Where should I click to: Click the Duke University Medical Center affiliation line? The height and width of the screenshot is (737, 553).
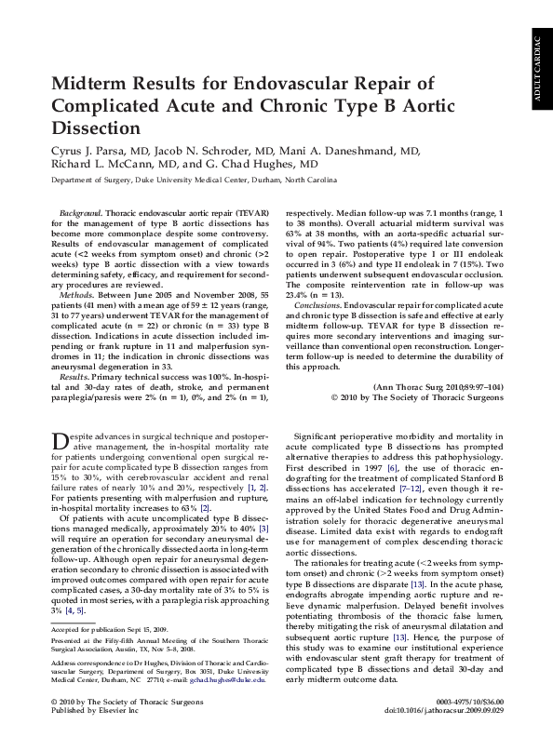[x=198, y=182]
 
